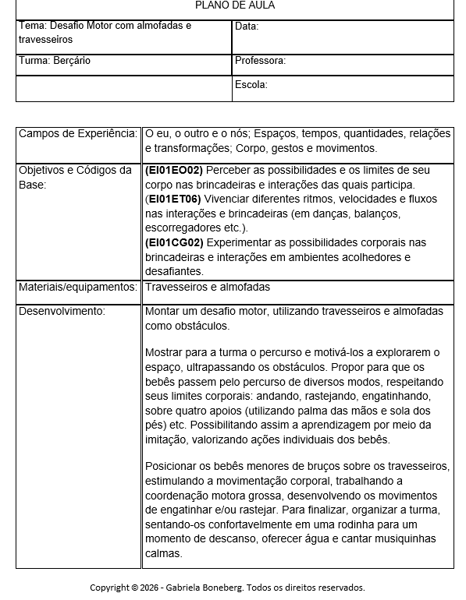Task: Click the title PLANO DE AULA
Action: [x=234, y=5]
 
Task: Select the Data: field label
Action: [x=247, y=26]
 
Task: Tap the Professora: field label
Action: [x=260, y=61]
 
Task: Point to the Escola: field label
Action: [x=251, y=85]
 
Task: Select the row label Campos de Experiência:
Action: [x=78, y=134]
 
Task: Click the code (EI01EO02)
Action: [x=174, y=171]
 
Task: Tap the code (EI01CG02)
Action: [x=174, y=243]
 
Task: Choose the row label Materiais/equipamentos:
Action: [x=78, y=288]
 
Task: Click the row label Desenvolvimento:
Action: [x=61, y=312]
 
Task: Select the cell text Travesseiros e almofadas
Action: [x=208, y=288]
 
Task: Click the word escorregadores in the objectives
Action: [x=183, y=228]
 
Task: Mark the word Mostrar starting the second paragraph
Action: [x=165, y=353]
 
